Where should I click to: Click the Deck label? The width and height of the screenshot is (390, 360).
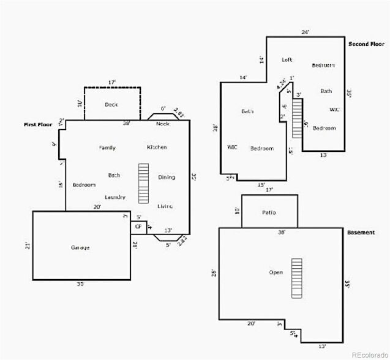[x=111, y=105]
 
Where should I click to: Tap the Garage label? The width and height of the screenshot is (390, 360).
[x=80, y=247]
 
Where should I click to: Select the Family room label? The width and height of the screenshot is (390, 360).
[x=107, y=148]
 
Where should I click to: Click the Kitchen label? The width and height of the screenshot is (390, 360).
[x=157, y=148]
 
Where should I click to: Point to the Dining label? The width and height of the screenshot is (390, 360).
[x=167, y=178]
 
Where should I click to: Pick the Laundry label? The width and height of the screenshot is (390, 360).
[x=115, y=197]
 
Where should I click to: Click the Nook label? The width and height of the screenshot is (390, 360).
[x=162, y=124]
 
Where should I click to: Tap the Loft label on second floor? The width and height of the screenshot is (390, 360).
[x=287, y=60]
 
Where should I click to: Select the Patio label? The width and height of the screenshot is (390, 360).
[x=269, y=212]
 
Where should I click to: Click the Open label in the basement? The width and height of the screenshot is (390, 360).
[x=276, y=272]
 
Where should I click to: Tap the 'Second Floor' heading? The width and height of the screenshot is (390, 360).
[x=366, y=45]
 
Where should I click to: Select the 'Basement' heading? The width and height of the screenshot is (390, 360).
[x=361, y=233]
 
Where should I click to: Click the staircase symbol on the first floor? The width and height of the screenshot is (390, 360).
[x=144, y=183]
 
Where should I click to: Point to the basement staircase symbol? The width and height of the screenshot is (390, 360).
[x=297, y=278]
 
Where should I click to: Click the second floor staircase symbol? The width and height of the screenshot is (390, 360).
[x=298, y=117]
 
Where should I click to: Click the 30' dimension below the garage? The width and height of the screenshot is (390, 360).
[x=80, y=284]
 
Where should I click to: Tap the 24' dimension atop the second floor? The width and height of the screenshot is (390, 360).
[x=305, y=32]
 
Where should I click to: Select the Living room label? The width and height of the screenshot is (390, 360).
[x=165, y=206]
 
